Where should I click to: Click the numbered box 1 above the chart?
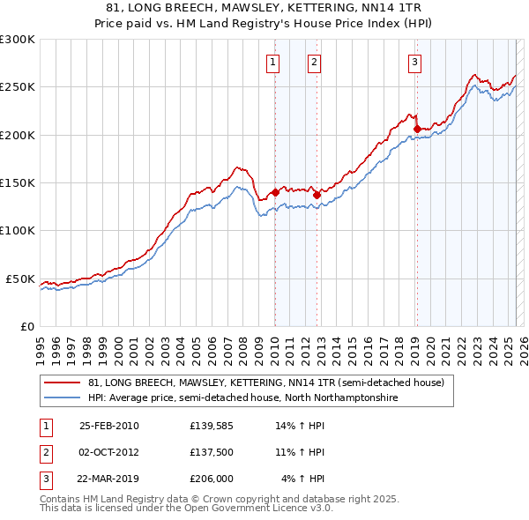(x=273, y=62)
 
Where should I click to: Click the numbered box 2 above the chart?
(x=314, y=62)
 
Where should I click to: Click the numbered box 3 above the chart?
(x=414, y=62)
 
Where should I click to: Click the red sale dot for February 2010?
(x=275, y=192)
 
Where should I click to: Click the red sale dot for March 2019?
(x=417, y=129)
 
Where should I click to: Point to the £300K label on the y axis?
(x=17, y=40)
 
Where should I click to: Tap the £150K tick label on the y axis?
(x=17, y=182)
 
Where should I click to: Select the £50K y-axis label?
(x=19, y=279)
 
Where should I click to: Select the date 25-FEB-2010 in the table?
(x=109, y=426)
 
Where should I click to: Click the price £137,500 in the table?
(x=212, y=452)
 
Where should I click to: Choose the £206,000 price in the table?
(x=212, y=479)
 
